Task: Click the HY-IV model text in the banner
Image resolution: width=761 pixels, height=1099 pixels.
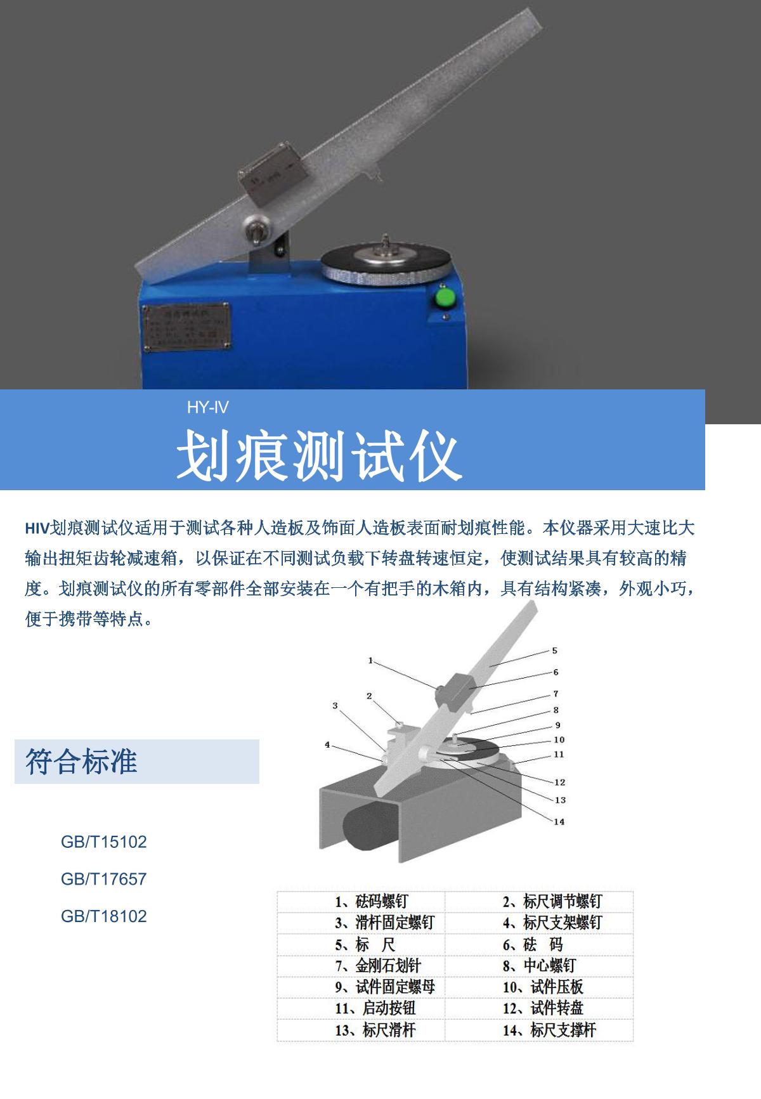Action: click(x=207, y=407)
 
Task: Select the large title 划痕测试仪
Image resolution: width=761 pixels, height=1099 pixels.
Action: click(x=318, y=455)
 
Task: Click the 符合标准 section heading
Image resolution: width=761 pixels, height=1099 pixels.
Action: click(x=81, y=761)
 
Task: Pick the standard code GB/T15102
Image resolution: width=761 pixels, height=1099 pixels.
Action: click(x=103, y=842)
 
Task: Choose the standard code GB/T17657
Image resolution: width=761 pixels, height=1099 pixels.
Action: click(x=103, y=879)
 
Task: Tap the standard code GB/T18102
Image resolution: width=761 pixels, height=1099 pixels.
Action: click(x=103, y=916)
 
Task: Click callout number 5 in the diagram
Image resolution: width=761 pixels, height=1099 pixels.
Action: click(x=554, y=651)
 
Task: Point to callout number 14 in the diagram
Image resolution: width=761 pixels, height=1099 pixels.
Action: click(x=559, y=822)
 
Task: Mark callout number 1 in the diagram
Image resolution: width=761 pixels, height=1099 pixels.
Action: click(x=371, y=661)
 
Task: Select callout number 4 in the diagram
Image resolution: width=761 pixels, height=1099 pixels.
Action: click(x=328, y=745)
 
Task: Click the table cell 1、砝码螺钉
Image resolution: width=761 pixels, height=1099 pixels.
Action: click(x=372, y=901)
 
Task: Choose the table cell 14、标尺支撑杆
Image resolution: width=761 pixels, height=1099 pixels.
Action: click(x=549, y=1030)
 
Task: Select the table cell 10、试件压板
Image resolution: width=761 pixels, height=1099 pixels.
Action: click(x=543, y=987)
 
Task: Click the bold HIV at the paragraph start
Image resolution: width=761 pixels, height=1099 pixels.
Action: click(x=37, y=528)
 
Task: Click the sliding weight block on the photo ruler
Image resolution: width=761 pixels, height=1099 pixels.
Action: click(x=271, y=175)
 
